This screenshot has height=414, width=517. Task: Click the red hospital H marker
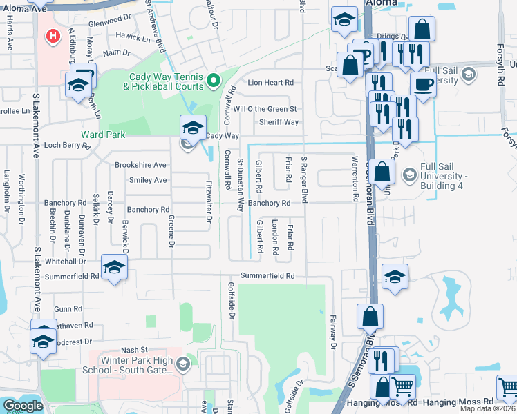point(51,35)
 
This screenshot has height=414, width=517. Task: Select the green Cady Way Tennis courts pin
point(214,81)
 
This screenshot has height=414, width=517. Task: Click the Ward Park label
point(103,135)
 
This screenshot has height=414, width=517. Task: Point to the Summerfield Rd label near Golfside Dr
point(267,276)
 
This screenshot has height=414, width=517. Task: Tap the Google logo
point(23,406)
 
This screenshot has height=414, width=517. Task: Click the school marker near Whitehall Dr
point(114,267)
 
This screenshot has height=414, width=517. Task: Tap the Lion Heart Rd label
point(266,83)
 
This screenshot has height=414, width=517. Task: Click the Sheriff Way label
point(279,122)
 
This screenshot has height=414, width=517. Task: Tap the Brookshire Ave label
point(140,166)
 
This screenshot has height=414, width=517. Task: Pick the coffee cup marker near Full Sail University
point(423,84)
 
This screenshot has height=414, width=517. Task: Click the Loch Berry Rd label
point(67,146)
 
